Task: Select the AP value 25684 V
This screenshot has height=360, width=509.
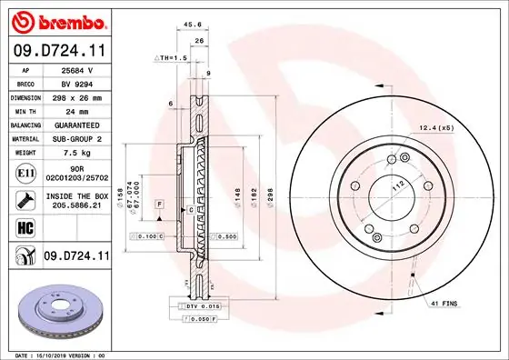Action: (x=77, y=68)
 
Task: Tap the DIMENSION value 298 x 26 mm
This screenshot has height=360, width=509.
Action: (x=77, y=95)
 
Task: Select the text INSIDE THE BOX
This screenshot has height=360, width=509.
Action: (x=77, y=195)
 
